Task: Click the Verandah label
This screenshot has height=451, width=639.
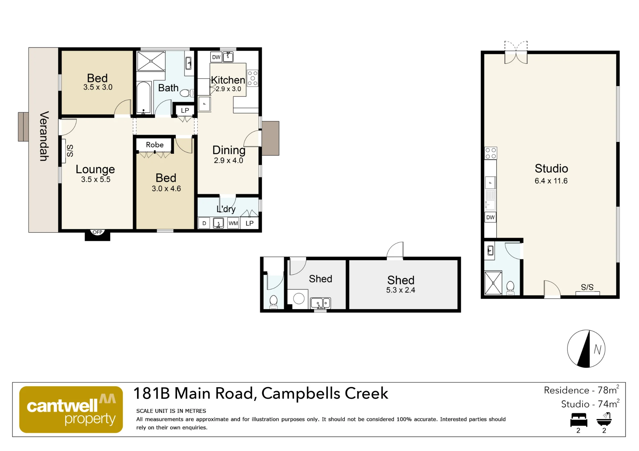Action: point(44,136)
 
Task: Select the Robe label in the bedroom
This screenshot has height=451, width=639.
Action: point(155,145)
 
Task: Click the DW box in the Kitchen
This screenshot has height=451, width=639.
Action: point(216,57)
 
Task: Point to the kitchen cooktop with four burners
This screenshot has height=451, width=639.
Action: point(253,78)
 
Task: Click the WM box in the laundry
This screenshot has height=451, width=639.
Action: point(233,223)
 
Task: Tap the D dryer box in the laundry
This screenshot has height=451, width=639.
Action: point(204,223)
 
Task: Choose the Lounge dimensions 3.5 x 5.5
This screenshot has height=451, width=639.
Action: point(96,180)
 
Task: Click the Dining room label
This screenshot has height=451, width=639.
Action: point(229,150)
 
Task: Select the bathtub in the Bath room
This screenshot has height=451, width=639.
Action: point(144,98)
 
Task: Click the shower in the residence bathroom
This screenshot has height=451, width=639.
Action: point(151,61)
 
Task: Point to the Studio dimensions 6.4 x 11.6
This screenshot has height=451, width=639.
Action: point(551,181)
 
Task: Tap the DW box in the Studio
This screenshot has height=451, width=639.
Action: point(490,218)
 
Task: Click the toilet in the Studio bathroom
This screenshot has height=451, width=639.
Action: point(510,288)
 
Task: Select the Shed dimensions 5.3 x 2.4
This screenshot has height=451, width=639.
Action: point(401,290)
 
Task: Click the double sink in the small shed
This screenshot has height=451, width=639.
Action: point(320,303)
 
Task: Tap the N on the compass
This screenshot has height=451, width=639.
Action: point(597,350)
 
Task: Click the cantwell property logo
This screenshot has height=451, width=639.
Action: point(71,410)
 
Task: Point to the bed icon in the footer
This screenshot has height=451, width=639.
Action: point(579,420)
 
